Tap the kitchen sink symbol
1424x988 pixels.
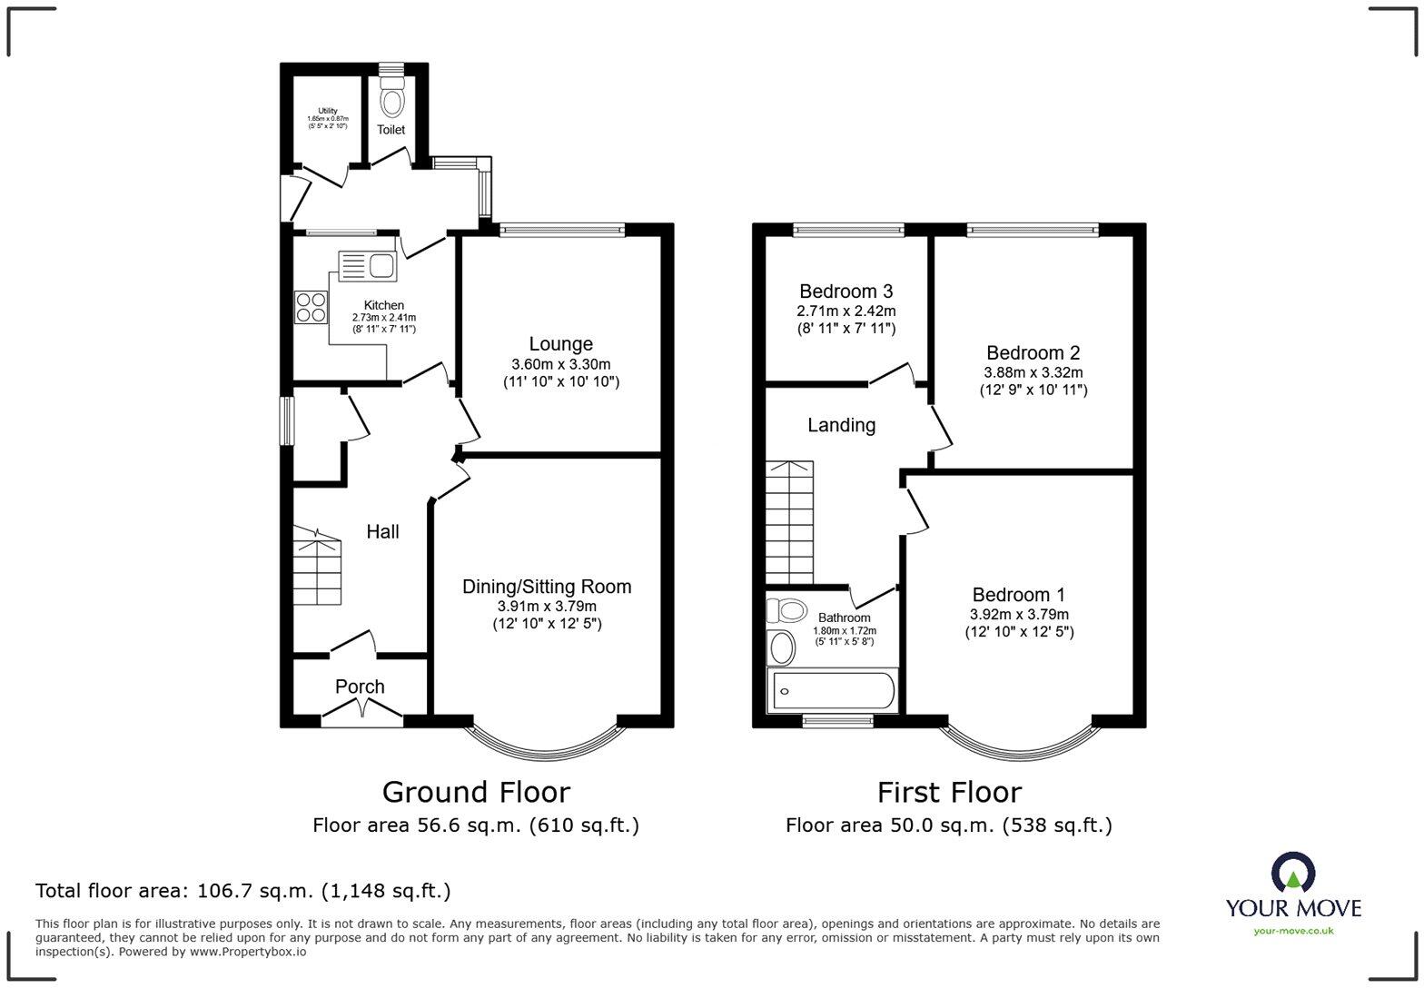367,265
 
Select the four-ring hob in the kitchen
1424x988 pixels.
311,307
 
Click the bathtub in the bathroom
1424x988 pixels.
832,692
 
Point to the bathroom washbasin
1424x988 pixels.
781,648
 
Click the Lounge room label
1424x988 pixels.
561,344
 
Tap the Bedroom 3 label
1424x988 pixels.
845,291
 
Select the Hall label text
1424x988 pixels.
382,532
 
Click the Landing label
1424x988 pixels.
842,425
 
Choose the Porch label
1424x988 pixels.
360,687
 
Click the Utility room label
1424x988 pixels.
328,112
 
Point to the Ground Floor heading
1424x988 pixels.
476,792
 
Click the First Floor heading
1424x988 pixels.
949,792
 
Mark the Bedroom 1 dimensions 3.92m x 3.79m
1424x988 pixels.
1019,615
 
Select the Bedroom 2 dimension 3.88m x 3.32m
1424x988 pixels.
1033,372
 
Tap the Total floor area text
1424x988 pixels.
242,890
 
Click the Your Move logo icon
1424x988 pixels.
1292,873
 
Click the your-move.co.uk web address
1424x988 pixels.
1293,930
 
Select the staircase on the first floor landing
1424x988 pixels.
788,522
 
